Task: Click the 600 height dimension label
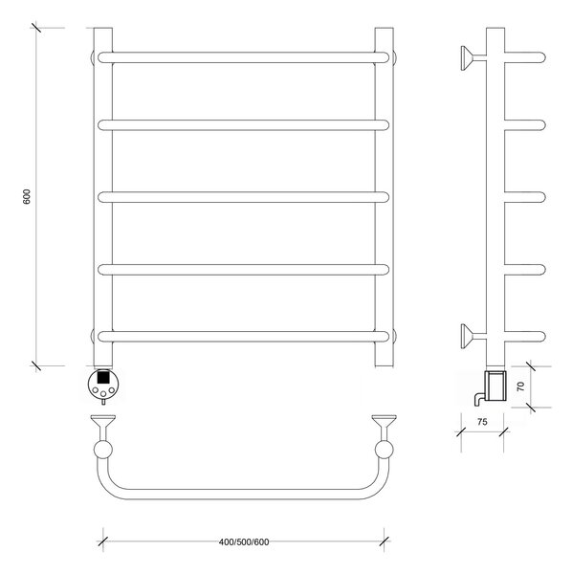coord(27,197)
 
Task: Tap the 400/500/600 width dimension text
coord(244,542)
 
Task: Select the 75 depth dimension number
coord(482,422)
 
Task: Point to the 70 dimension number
coord(520,386)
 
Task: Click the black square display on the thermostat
coord(103,377)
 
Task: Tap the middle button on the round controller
coord(103,393)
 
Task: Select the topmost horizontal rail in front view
coord(243,57)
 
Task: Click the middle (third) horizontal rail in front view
coord(243,197)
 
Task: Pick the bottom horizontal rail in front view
coord(243,337)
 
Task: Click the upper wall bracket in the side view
coord(473,57)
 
